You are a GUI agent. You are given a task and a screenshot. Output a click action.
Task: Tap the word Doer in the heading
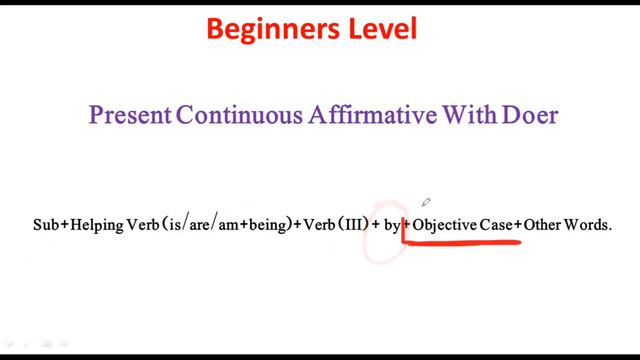[532, 115]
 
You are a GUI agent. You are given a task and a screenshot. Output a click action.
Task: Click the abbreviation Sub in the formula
[46, 226]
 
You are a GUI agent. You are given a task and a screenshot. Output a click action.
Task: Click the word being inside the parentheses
[267, 227]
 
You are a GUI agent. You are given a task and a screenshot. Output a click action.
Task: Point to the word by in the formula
[393, 227]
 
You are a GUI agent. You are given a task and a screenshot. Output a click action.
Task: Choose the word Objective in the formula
[445, 226]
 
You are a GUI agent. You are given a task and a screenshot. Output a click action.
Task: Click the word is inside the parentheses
[171, 226]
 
